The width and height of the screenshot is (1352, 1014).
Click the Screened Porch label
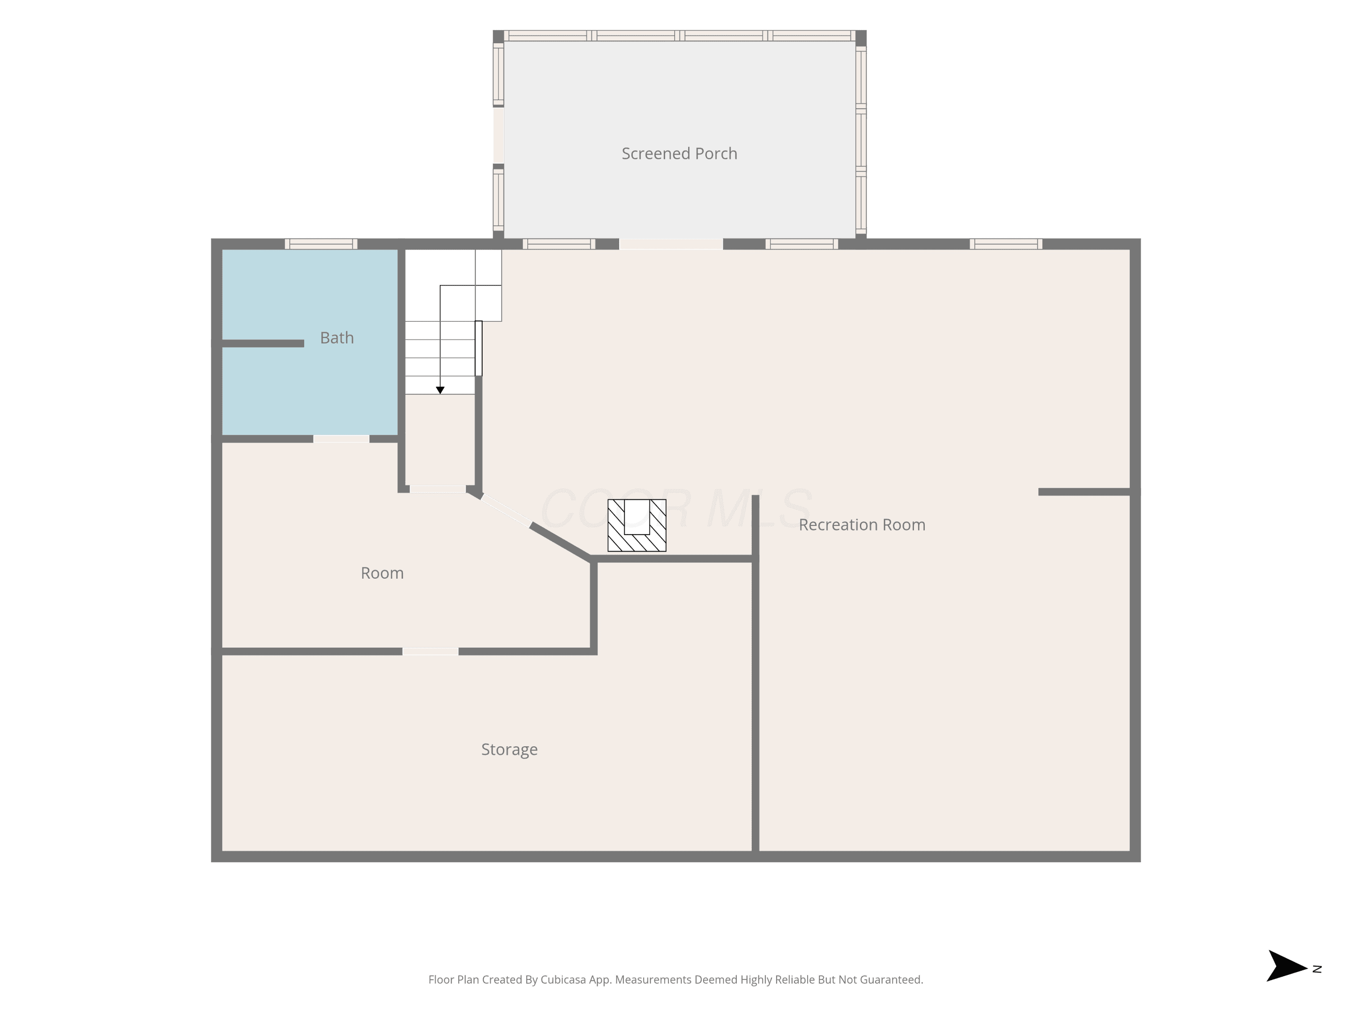(679, 153)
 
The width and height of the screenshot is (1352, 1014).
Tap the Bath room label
(337, 338)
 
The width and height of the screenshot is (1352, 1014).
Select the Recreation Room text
(862, 525)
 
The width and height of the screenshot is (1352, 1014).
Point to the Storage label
(509, 749)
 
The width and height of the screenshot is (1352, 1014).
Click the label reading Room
(382, 573)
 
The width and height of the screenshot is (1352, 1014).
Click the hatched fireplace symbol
(637, 525)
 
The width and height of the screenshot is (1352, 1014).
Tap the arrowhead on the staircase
(440, 390)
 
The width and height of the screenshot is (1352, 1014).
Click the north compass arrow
(1287, 966)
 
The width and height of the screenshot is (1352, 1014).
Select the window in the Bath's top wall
(321, 244)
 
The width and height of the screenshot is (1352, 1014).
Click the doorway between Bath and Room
(341, 439)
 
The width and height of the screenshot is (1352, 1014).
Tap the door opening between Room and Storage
(430, 652)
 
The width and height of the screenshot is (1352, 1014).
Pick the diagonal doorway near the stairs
(506, 510)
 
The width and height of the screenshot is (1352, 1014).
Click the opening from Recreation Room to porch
(671, 244)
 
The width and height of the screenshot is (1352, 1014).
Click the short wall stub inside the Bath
(263, 343)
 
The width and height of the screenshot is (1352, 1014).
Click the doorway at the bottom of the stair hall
(438, 489)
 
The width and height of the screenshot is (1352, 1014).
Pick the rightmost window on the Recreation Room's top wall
(1006, 244)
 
